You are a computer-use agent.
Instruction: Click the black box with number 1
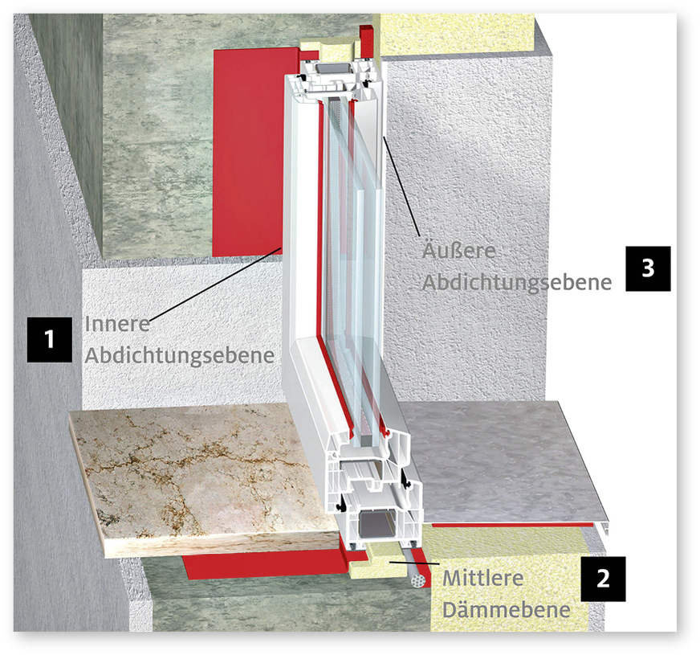[x=50, y=339]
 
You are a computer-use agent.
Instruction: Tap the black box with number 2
[x=603, y=579]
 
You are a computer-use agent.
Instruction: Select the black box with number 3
[x=648, y=268]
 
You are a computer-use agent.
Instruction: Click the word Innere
[x=117, y=324]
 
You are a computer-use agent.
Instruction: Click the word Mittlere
[x=483, y=579]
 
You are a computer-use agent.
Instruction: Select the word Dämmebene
[x=507, y=610]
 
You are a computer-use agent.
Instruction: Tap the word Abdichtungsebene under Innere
[x=180, y=356]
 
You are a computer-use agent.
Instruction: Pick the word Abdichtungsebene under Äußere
[x=517, y=282]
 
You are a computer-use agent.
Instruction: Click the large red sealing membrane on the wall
[x=250, y=152]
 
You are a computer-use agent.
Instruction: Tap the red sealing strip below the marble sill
[x=268, y=564]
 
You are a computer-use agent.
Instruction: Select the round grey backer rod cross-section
[x=418, y=581]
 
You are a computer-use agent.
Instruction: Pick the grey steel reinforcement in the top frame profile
[x=332, y=69]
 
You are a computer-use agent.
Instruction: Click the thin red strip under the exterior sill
[x=509, y=525]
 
